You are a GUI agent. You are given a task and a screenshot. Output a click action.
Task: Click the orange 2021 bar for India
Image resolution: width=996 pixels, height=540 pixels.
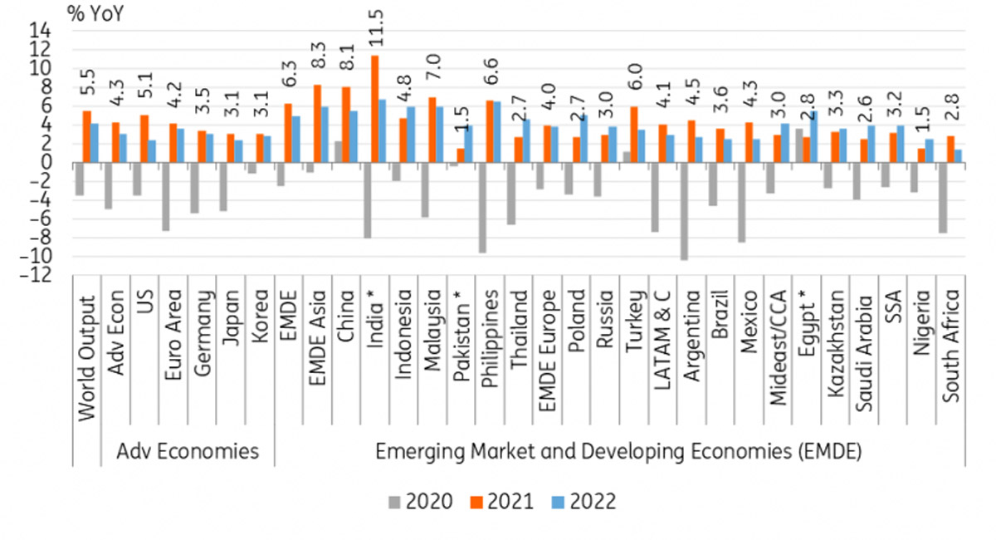click(x=375, y=109)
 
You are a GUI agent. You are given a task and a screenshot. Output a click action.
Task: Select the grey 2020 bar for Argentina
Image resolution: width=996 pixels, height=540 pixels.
click(x=684, y=211)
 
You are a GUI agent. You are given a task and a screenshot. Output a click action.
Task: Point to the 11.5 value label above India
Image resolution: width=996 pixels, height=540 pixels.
click(x=375, y=28)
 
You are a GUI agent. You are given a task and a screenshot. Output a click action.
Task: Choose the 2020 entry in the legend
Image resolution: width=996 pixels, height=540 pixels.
click(x=422, y=502)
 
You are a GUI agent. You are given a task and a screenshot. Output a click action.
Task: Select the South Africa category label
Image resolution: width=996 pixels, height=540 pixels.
click(x=951, y=346)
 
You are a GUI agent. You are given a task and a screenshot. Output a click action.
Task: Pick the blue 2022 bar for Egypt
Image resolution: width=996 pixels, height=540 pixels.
click(x=814, y=136)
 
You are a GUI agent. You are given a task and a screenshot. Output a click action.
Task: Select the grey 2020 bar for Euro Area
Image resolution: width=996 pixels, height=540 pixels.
click(x=165, y=196)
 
